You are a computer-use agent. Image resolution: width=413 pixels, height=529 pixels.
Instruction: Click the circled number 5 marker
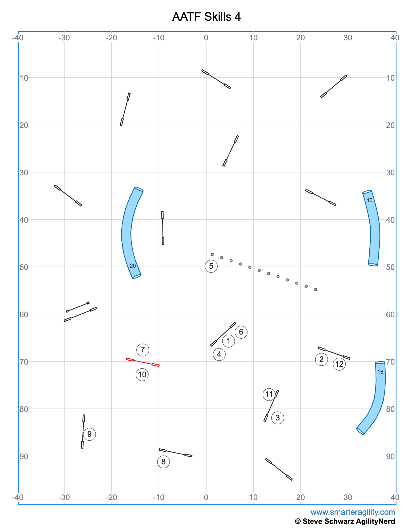[211, 266]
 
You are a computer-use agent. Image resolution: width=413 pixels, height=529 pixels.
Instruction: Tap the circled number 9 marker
[89, 434]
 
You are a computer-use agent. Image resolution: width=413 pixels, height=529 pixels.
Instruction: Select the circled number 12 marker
[339, 364]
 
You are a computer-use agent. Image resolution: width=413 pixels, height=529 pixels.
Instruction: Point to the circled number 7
[143, 350]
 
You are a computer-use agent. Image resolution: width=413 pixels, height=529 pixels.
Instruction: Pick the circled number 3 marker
[278, 418]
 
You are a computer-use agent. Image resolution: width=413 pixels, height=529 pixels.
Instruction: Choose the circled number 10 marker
[142, 374]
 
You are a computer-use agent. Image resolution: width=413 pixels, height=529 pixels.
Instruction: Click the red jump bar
[143, 362]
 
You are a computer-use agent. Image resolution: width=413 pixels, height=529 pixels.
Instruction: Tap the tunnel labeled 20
[127, 233]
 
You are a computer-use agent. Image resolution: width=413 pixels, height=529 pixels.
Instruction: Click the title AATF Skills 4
[206, 17]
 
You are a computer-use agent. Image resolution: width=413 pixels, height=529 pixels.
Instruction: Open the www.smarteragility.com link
[353, 512]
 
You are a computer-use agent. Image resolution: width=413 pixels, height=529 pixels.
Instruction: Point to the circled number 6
[241, 332]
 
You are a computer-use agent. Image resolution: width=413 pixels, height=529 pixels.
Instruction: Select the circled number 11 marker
[269, 394]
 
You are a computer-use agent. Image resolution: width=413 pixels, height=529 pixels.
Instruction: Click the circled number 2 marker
[321, 359]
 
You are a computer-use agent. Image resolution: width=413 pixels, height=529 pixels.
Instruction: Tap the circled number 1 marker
[228, 341]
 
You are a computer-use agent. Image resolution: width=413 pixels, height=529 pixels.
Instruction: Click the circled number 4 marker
[219, 354]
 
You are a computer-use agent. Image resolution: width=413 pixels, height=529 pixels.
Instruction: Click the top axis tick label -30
[64, 38]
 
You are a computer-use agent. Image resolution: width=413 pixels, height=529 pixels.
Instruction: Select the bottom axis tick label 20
[300, 497]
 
